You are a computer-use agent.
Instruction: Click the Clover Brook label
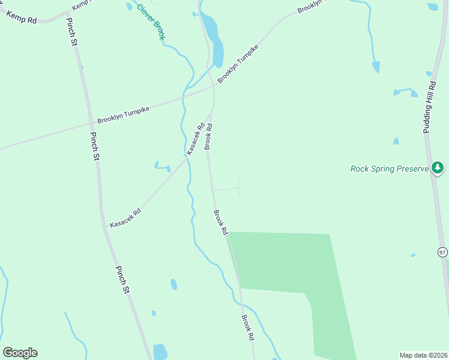(x=151, y=22)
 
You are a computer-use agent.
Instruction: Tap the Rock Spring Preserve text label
(x=390, y=169)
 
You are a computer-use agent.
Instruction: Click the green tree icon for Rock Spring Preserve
(x=438, y=167)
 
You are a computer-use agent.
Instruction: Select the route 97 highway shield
(x=442, y=252)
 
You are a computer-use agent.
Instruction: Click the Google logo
(x=20, y=352)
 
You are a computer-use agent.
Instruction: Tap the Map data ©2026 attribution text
(x=423, y=355)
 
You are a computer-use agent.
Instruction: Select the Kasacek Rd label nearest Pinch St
(x=125, y=217)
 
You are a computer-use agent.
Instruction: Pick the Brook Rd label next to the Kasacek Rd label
(x=209, y=137)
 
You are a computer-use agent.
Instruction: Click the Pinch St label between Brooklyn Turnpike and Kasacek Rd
(x=95, y=146)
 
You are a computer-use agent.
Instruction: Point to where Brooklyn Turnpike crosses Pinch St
(x=90, y=124)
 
